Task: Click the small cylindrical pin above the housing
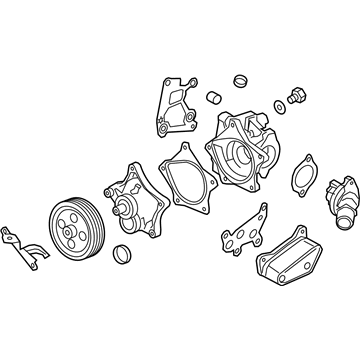pyautogui.click(x=212, y=98)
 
